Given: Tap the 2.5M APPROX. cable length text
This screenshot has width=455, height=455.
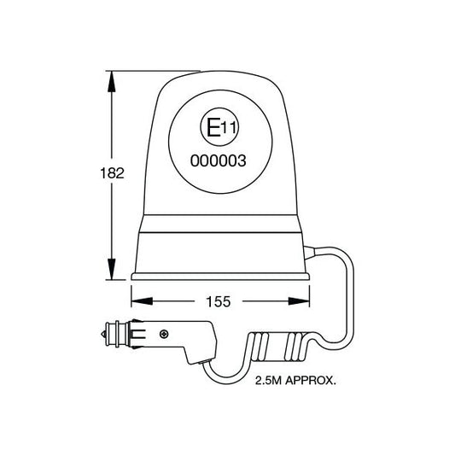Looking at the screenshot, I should [295, 382].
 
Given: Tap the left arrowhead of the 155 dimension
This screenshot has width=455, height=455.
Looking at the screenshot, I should [138, 300].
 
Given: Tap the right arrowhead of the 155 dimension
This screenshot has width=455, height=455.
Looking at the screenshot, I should [301, 300].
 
